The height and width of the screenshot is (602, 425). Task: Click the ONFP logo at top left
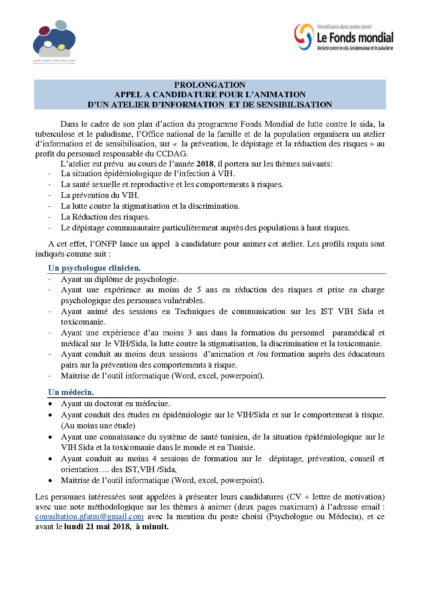click(54, 39)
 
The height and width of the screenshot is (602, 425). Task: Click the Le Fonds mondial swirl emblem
click(304, 37)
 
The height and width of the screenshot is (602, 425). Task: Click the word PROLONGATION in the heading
click(210, 85)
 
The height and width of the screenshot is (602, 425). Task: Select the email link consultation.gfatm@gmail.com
click(89, 517)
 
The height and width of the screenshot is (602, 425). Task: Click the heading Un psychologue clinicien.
click(94, 268)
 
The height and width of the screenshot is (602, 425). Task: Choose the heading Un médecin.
click(71, 392)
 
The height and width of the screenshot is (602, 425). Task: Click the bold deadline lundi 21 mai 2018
click(97, 527)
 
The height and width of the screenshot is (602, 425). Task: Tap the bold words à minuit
click(152, 527)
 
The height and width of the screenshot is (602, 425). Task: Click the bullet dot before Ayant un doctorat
click(50, 404)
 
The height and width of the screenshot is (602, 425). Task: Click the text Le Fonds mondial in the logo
click(355, 38)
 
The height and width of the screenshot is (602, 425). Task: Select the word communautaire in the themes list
click(133, 228)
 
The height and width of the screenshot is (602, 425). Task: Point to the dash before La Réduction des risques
click(50, 217)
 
